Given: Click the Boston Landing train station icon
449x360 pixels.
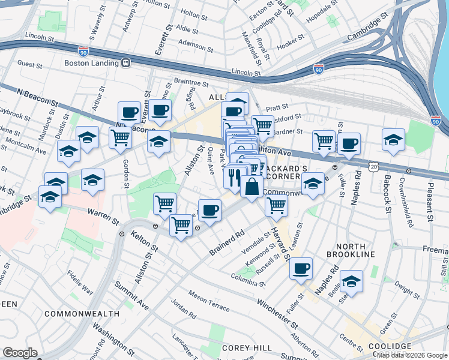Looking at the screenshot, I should click(126, 62).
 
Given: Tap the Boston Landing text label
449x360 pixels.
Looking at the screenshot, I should click(89, 62).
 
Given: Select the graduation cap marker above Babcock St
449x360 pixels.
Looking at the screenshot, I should click(393, 139).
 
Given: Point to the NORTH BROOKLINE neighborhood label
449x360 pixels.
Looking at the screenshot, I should click(351, 250).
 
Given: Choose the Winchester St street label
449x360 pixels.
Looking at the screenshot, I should click(277, 314).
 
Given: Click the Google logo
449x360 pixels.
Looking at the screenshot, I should click(19, 353).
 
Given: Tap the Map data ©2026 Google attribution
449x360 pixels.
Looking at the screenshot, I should click(412, 355).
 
